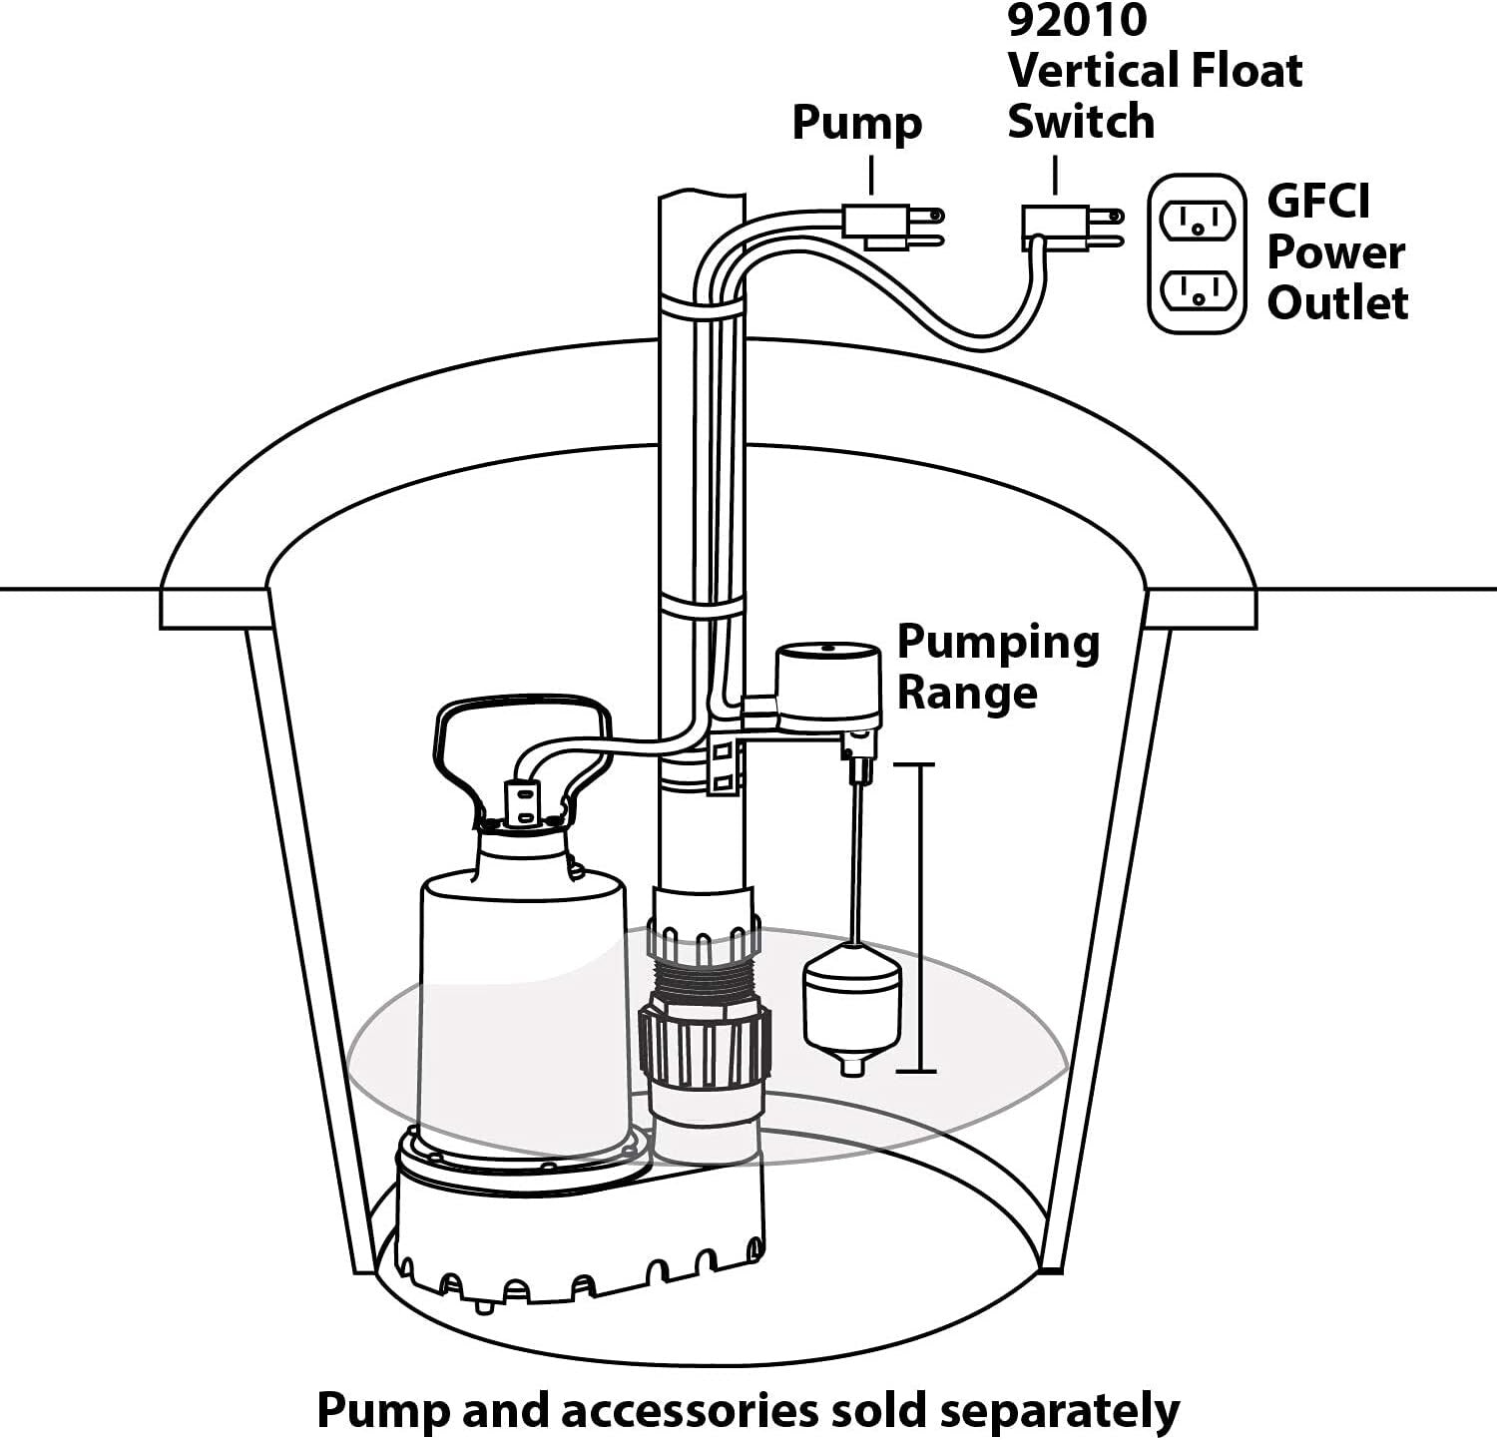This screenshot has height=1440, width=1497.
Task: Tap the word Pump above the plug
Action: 856,123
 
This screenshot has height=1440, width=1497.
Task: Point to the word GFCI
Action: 1318,201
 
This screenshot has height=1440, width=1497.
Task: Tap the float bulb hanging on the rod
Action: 852,1008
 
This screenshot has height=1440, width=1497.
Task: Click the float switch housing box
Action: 828,687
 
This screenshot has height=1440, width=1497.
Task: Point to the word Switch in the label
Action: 1080,122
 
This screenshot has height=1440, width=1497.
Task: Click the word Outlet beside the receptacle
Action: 1337,302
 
